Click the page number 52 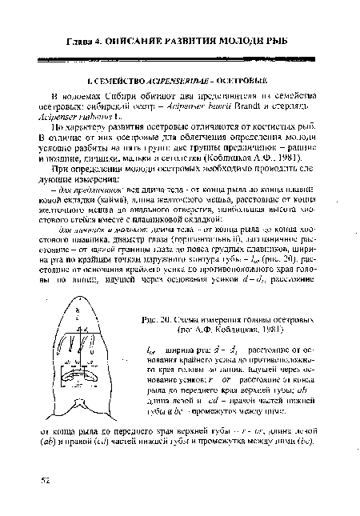[48, 479]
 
